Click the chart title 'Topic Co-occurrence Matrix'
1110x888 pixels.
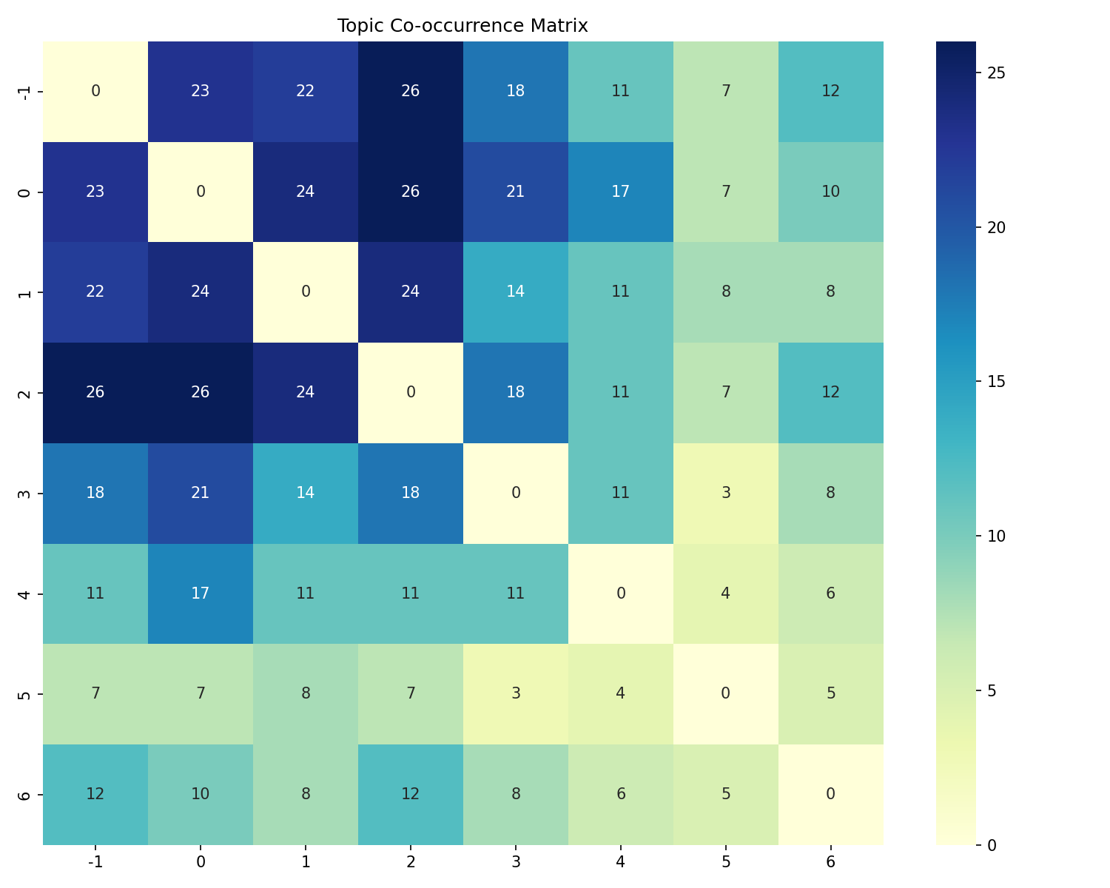[x=462, y=26]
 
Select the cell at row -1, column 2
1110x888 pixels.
[x=411, y=91]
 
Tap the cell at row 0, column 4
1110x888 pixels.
[x=621, y=192]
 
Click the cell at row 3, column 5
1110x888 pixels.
[x=726, y=493]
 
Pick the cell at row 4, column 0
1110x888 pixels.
[x=201, y=593]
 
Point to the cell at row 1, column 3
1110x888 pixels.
[x=516, y=292]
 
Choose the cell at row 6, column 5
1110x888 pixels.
[x=726, y=794]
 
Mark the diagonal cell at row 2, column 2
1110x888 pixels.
[x=411, y=392]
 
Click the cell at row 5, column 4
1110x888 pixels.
[x=621, y=693]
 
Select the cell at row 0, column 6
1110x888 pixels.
[x=831, y=192]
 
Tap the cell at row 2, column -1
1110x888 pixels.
[x=95, y=392]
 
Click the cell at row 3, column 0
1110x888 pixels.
[x=201, y=493]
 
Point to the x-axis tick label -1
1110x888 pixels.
[x=95, y=861]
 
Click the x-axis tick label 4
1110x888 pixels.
[x=621, y=861]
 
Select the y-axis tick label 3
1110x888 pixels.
[x=25, y=493]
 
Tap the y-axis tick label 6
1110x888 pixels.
[x=25, y=794]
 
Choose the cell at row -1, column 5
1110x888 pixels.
[x=726, y=91]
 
